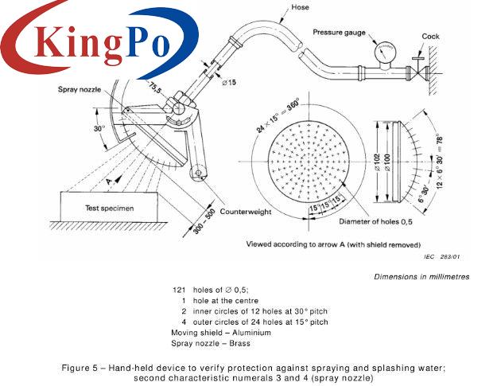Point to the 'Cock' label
(x=430, y=36)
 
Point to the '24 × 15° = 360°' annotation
(x=259, y=117)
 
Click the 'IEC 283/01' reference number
(x=449, y=256)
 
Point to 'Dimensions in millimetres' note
(x=421, y=276)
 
